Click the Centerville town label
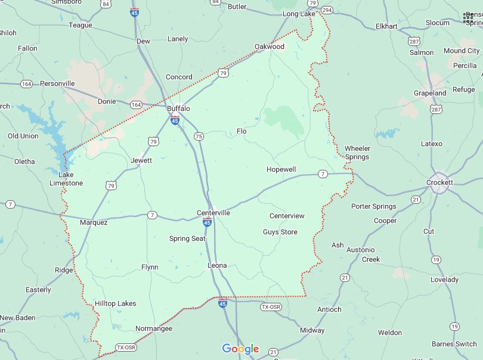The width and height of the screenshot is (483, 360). (213, 213)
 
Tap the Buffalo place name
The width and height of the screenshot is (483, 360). (178, 108)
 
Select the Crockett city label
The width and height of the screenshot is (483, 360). (440, 182)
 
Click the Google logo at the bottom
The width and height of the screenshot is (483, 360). (240, 349)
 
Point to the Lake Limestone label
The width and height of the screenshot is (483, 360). (66, 179)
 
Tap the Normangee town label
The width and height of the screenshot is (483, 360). (154, 328)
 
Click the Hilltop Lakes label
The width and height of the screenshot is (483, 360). (115, 303)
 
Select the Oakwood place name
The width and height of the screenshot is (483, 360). (270, 46)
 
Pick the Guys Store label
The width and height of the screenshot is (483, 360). (280, 232)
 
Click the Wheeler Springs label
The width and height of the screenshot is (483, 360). (357, 153)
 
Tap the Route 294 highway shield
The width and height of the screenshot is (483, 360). (327, 11)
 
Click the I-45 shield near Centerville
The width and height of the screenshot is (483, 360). (207, 222)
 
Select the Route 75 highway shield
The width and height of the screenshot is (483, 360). (199, 136)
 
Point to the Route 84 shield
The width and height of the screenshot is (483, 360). (106, 4)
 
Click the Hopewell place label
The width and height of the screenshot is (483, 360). (281, 169)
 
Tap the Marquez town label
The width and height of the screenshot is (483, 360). (94, 222)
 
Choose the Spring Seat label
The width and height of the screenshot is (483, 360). (187, 238)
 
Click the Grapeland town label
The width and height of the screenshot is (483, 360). (430, 93)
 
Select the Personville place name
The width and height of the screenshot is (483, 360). (57, 83)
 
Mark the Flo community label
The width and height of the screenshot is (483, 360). (241, 131)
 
